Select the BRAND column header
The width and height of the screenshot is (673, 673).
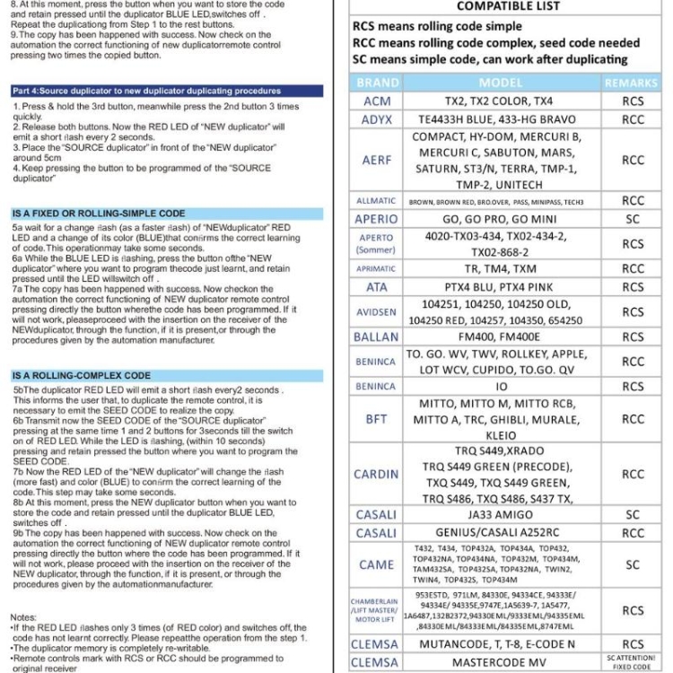coord(378,83)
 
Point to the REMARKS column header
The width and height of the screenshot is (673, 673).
coord(631,83)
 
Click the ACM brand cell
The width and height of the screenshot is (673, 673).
coord(377,101)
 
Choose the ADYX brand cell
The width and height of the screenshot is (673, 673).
coord(377,119)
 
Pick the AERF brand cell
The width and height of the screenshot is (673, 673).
coord(377,161)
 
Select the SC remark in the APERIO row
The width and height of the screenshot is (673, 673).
coord(632,218)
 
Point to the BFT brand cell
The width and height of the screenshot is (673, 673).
coord(377,419)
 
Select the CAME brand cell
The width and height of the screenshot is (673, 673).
coord(377,564)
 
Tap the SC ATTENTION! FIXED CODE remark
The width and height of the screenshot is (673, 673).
coord(632,663)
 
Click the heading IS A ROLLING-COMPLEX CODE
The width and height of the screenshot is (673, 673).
coord(82,375)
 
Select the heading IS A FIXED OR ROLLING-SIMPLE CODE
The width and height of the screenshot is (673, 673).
coord(99,214)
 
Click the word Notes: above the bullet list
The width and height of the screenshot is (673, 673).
coord(23,617)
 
